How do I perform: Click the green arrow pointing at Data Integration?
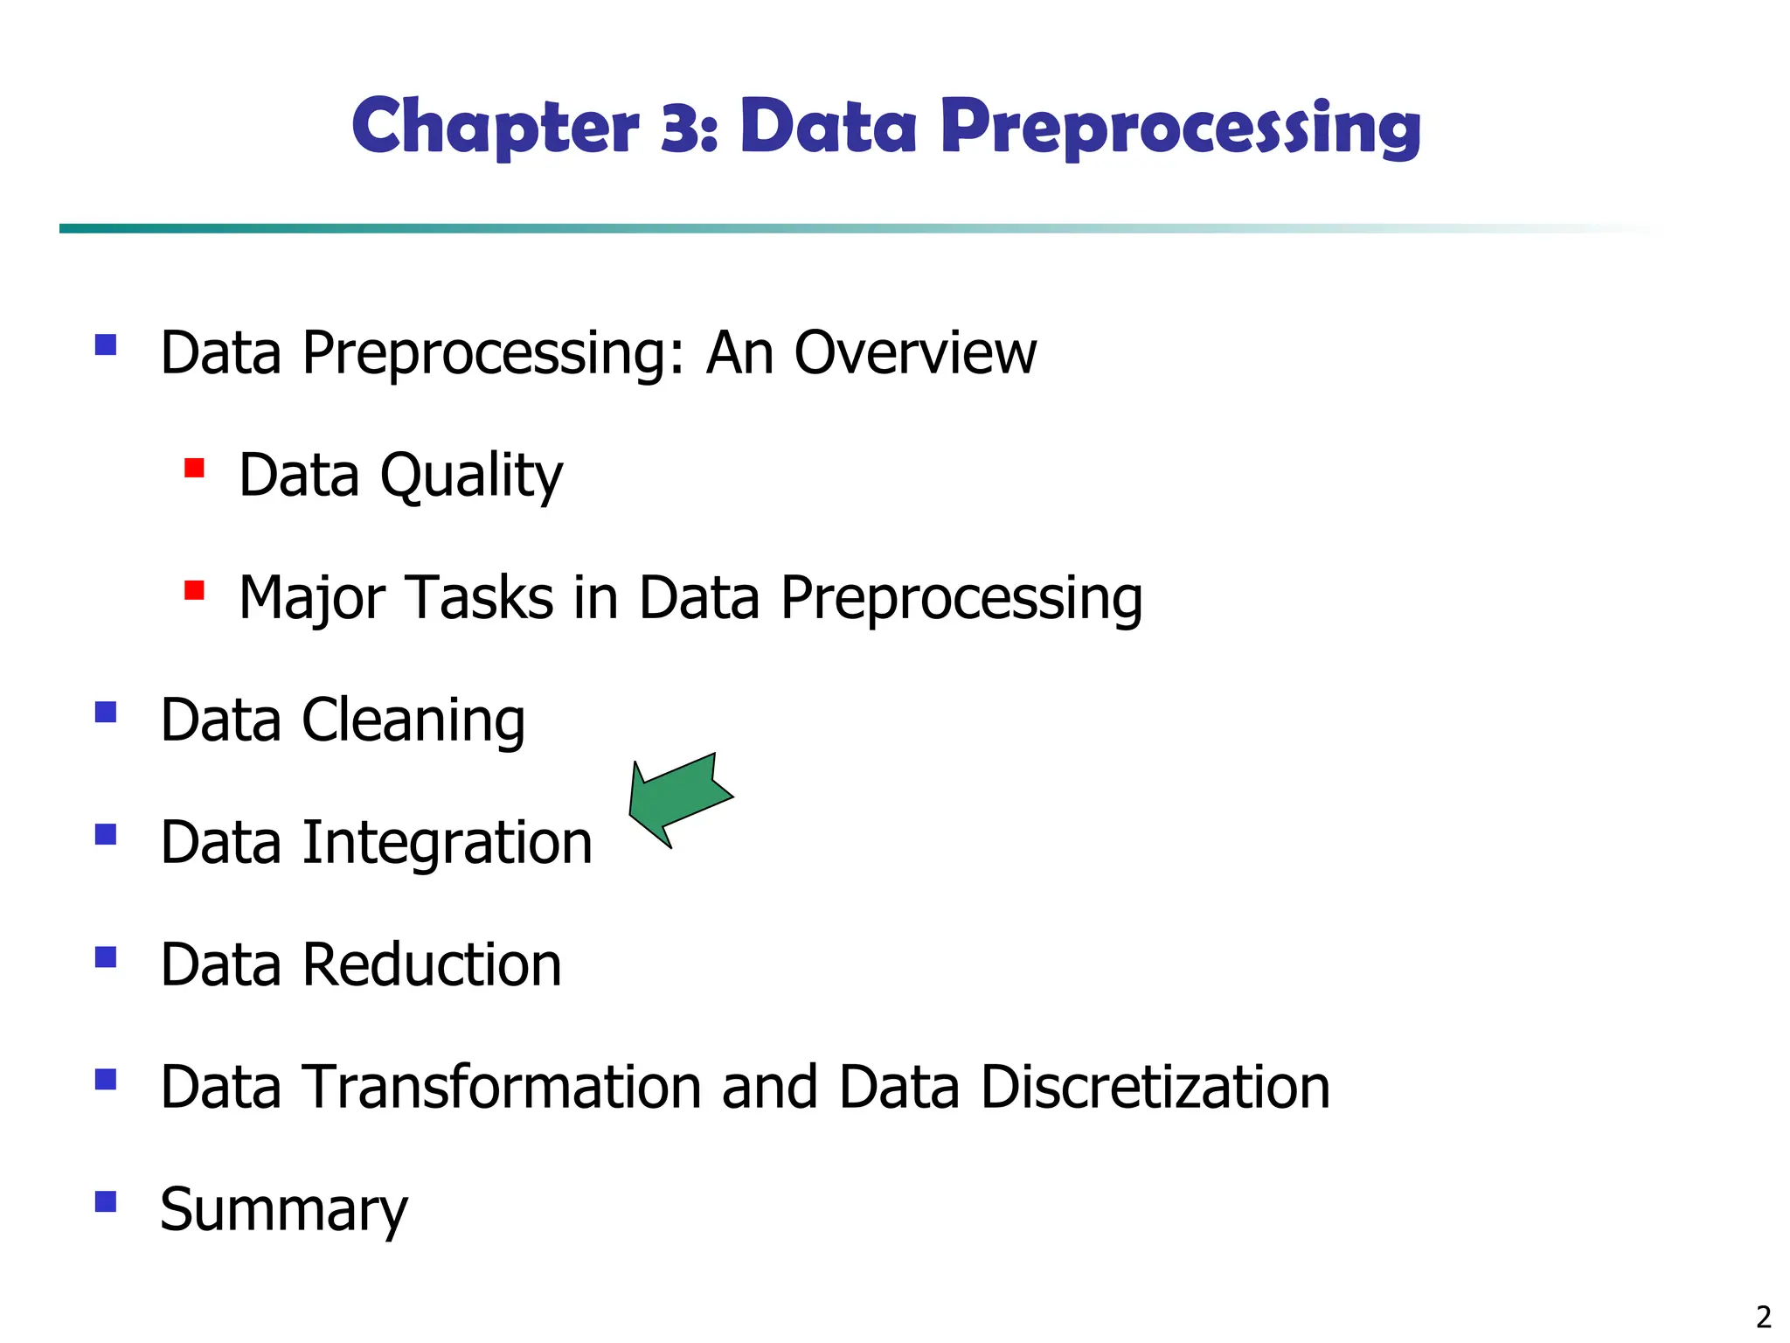(680, 799)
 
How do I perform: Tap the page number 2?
(1763, 1317)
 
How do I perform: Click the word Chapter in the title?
(496, 127)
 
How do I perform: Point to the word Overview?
(915, 353)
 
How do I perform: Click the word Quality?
(471, 477)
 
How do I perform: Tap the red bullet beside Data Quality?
(194, 468)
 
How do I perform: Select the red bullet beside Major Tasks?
(194, 591)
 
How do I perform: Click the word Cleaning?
(413, 721)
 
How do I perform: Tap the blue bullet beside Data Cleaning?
(106, 713)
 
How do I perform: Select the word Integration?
(447, 843)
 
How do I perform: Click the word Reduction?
(432, 965)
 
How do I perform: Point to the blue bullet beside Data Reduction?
(106, 957)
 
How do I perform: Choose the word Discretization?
(1155, 1088)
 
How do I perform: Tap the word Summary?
(284, 1211)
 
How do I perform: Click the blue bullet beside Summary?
(106, 1202)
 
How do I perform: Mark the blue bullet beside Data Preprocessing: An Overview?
(106, 344)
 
